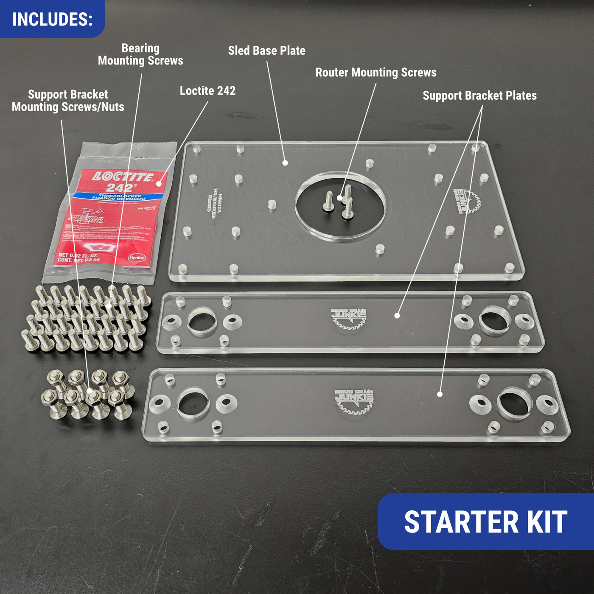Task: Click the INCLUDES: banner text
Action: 52,20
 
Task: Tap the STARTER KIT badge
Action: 485,522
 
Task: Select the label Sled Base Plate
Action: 266,50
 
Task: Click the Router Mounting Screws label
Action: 375,73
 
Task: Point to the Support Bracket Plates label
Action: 479,95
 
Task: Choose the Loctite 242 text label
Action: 207,91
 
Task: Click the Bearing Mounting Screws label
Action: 140,54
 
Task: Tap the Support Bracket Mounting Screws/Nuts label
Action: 68,101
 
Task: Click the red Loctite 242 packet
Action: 110,216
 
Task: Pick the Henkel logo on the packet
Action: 137,258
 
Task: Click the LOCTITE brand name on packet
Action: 123,177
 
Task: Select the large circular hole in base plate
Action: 340,207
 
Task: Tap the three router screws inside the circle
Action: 339,202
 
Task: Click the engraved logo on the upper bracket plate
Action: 349,319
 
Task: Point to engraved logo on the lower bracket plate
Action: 353,401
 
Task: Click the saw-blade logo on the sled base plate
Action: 467,201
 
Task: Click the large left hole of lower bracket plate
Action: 193,403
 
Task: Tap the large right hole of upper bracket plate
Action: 495,320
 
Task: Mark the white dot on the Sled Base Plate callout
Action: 285,163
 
